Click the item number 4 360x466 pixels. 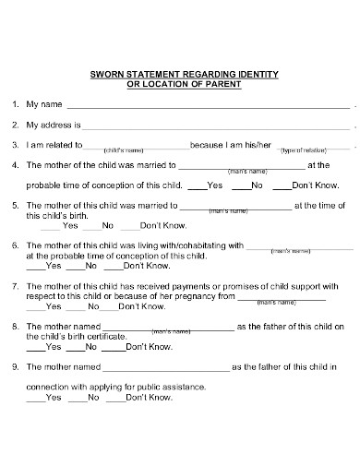[x=15, y=166]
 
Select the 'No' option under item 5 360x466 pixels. [x=107, y=225]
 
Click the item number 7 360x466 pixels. [x=15, y=286]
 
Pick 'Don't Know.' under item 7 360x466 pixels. [x=149, y=306]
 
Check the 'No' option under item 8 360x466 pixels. [x=90, y=347]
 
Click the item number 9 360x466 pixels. [x=15, y=366]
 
